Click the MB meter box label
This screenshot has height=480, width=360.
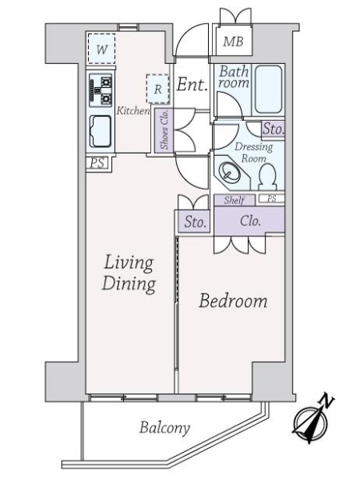click(233, 42)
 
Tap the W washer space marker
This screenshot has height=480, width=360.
click(102, 49)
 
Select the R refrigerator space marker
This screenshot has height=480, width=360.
click(158, 89)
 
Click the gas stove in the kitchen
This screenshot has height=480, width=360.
click(101, 90)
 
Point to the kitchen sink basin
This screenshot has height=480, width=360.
click(100, 132)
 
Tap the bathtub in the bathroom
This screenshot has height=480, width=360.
click(268, 89)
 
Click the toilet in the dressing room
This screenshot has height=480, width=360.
click(267, 177)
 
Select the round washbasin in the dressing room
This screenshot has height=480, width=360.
click(228, 172)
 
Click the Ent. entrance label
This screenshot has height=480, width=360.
click(192, 84)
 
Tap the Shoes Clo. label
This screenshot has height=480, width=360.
click(164, 130)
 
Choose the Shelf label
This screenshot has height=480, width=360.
click(234, 201)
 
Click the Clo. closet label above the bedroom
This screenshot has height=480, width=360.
click(250, 221)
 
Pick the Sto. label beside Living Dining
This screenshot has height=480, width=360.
click(195, 222)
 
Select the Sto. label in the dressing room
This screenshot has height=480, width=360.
click(274, 129)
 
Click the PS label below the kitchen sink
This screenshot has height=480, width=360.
click(98, 163)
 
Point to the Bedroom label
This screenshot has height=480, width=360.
click(233, 301)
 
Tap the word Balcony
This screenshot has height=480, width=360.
click(165, 428)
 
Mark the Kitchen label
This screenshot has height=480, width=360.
click(133, 110)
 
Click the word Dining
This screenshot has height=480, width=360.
click(129, 284)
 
